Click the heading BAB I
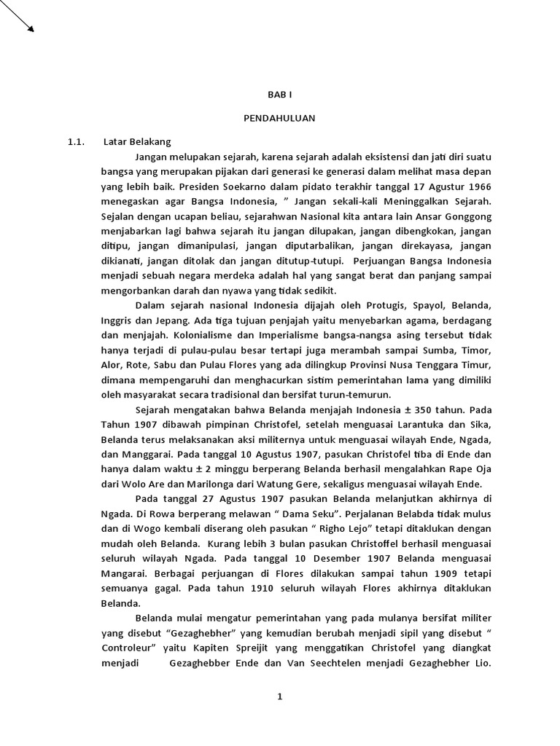279,95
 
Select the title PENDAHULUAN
279,118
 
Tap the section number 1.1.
77,141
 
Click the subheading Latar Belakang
137,141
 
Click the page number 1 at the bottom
279,696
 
